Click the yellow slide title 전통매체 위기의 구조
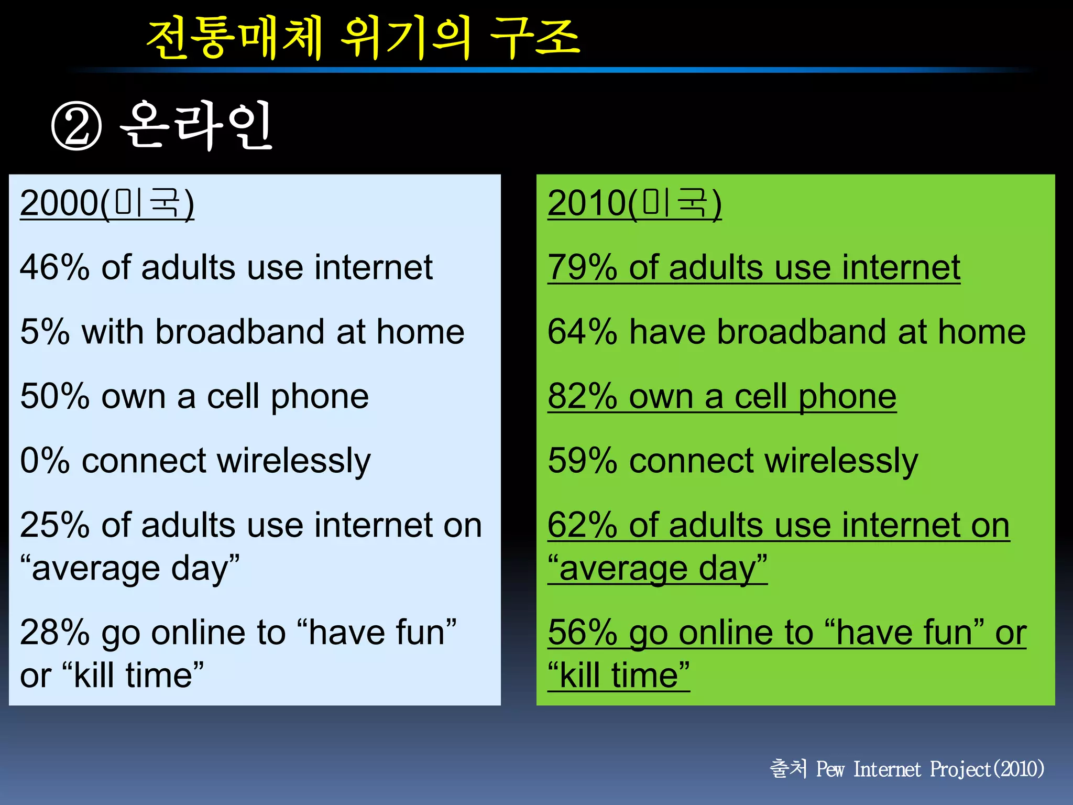[x=363, y=38]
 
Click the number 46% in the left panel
[x=54, y=268]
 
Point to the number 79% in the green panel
[x=582, y=268]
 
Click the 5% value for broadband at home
[x=45, y=332]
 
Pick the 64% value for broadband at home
[x=582, y=332]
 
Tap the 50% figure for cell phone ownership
[x=54, y=397]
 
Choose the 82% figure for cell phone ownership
[x=582, y=397]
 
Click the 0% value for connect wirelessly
[x=45, y=461]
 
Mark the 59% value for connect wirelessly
[x=582, y=461]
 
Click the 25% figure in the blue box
[x=54, y=526]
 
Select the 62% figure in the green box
[x=582, y=526]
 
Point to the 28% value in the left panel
[x=54, y=633]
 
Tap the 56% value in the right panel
[x=582, y=633]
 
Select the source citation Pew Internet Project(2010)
[x=930, y=769]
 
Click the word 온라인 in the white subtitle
[x=196, y=126]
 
